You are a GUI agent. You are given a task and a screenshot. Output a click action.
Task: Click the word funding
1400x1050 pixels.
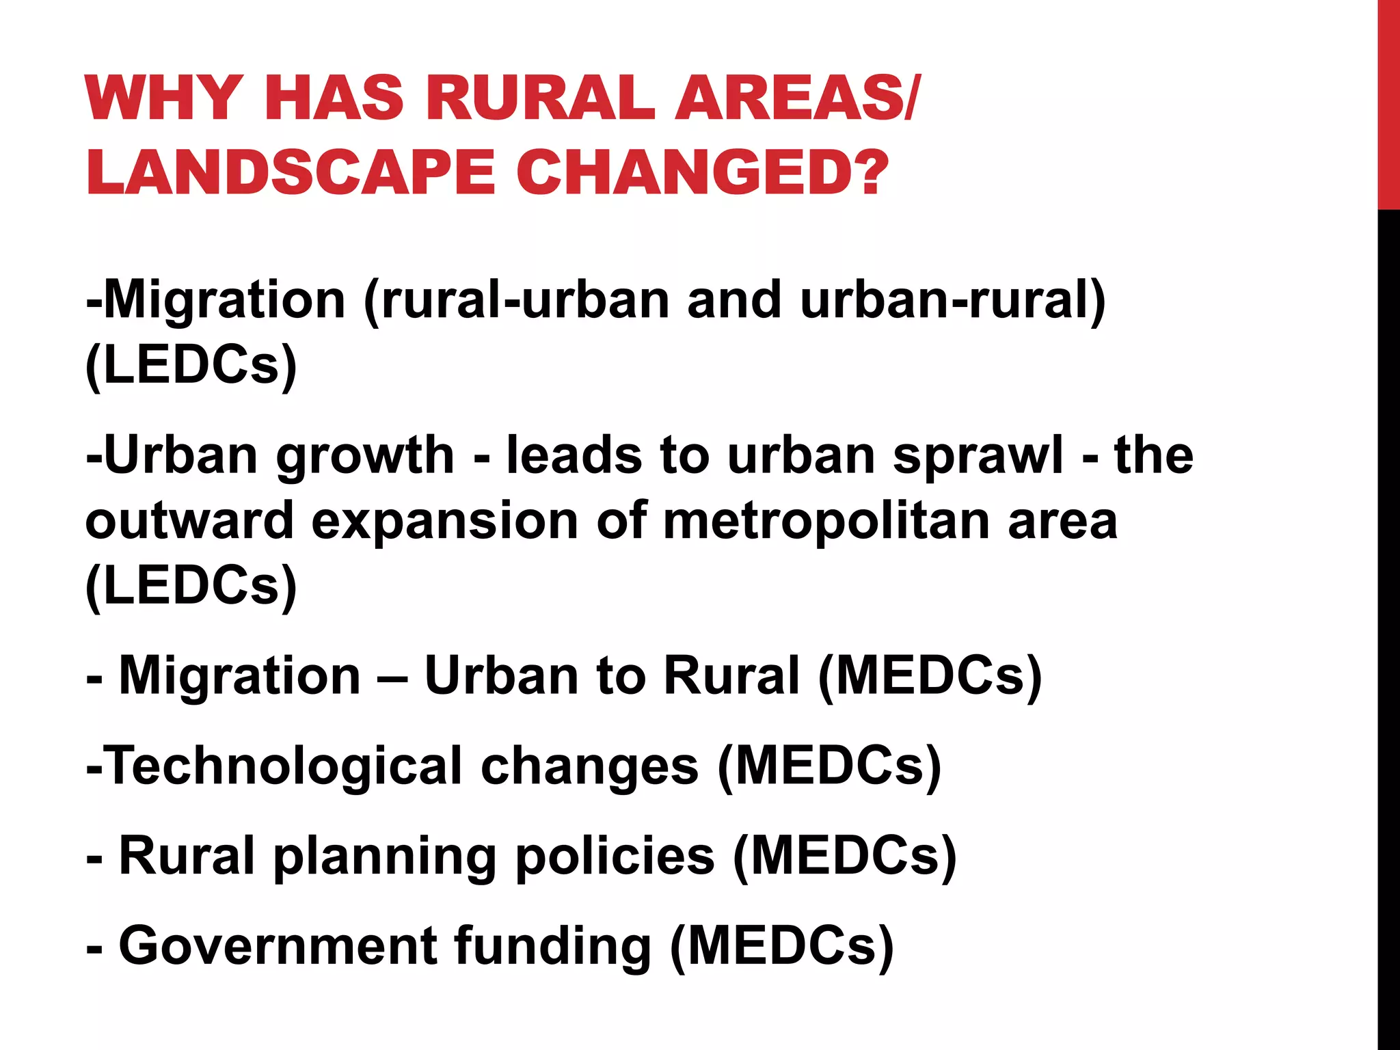point(552,947)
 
